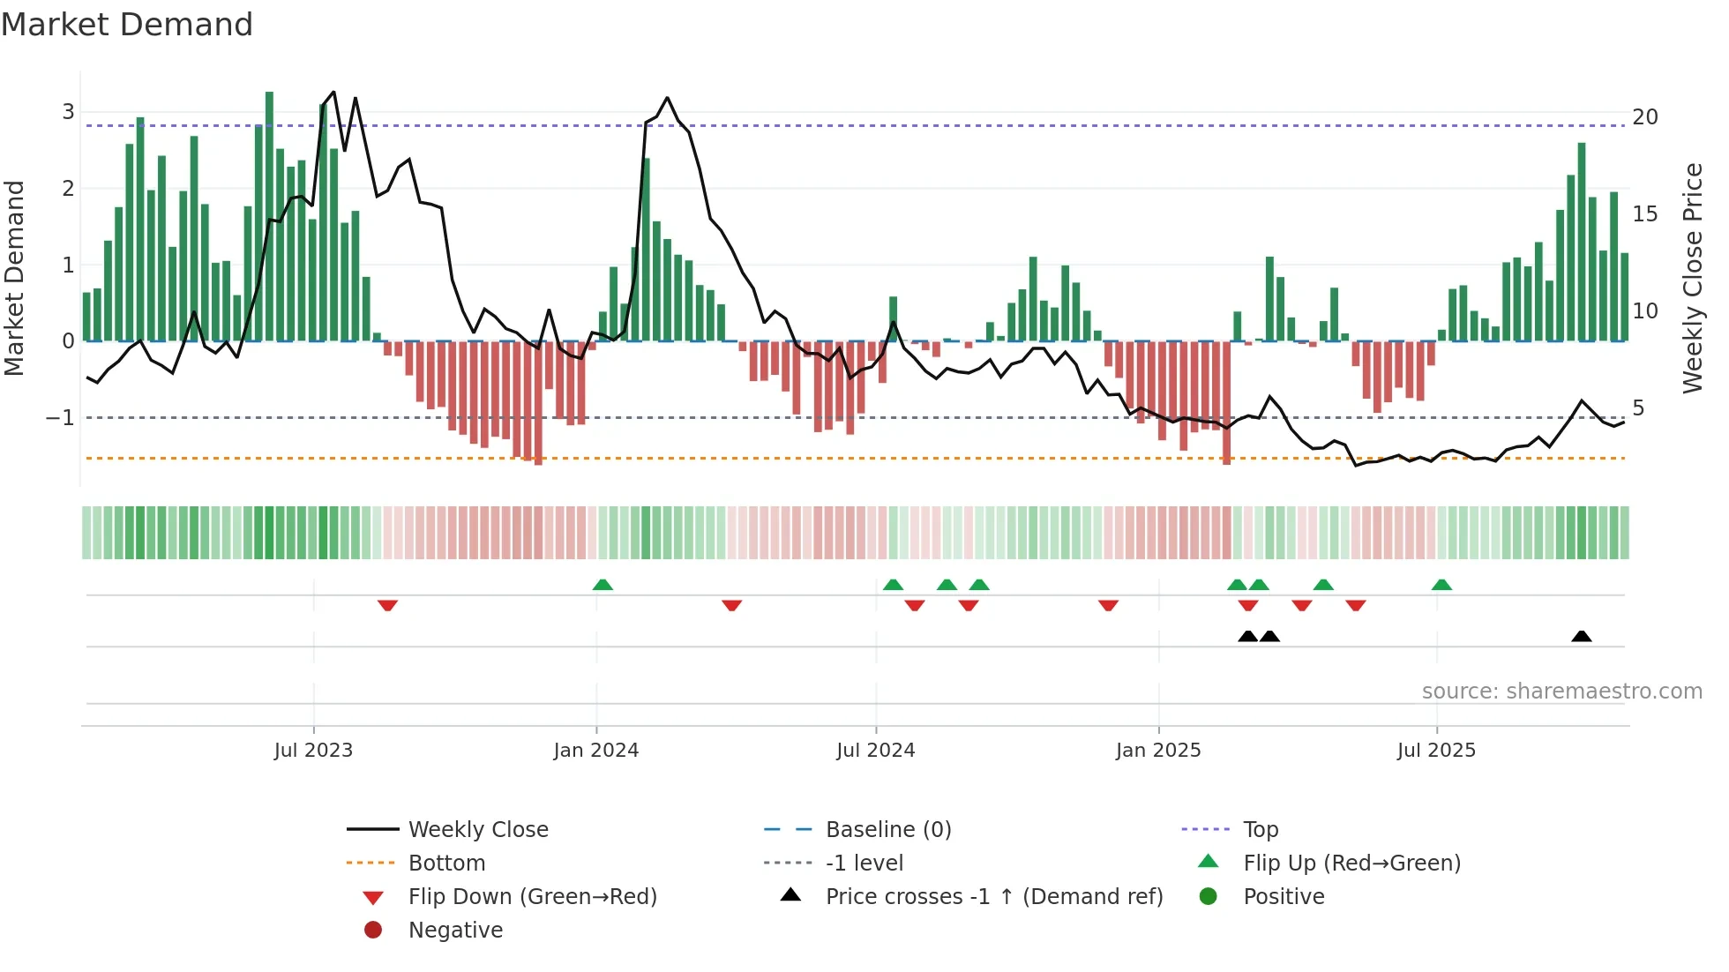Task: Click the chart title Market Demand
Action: pos(127,25)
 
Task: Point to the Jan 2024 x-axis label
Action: pos(595,751)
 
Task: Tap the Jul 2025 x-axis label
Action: pos(1436,751)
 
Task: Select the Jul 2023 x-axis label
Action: pos(313,751)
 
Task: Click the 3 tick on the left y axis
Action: pos(68,112)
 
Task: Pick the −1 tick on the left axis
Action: pos(61,417)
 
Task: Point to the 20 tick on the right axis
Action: pos(1644,117)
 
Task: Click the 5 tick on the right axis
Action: pos(1638,408)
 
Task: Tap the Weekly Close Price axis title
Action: pos(1692,278)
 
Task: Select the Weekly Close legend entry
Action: pos(478,830)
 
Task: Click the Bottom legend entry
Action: pos(446,864)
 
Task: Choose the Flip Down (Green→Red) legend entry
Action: pos(532,897)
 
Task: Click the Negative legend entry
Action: pos(455,931)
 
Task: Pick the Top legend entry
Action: pos(1261,830)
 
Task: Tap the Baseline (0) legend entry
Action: pos(888,830)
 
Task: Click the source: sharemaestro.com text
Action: pos(1561,692)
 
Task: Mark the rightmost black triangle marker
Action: pos(1582,636)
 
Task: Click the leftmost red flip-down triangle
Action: pos(387,605)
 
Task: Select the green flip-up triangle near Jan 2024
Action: pos(603,585)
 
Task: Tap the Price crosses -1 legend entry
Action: pos(994,897)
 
